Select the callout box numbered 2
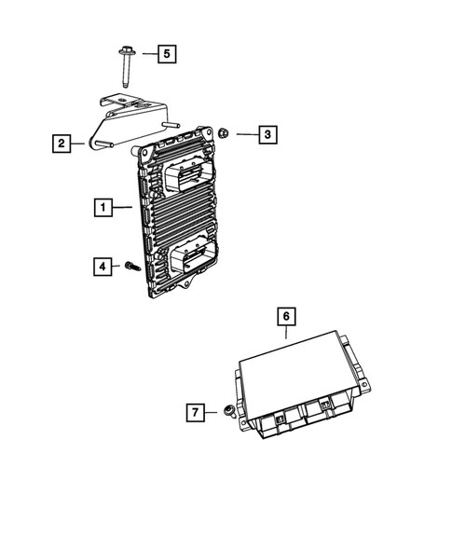(x=60, y=143)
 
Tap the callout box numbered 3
(x=267, y=135)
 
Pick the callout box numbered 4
(x=102, y=267)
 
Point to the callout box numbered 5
(x=165, y=53)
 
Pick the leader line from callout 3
(x=243, y=135)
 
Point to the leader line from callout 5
(x=143, y=53)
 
